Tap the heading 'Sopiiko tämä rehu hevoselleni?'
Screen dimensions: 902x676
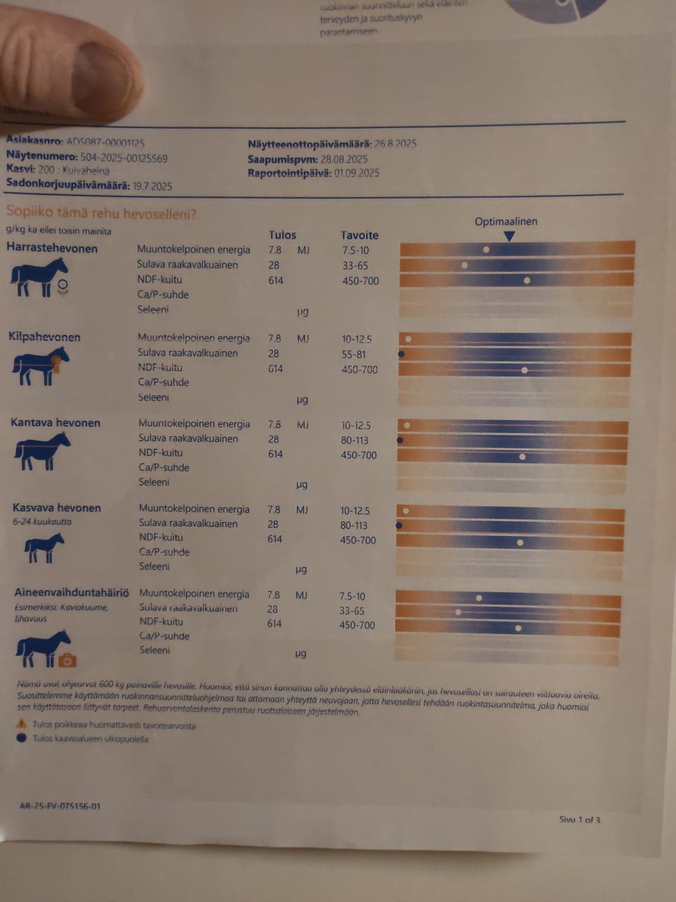coord(101,213)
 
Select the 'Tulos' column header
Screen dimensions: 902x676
coord(282,235)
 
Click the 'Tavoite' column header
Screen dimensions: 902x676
coord(359,235)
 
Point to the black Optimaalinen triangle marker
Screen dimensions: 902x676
coord(509,237)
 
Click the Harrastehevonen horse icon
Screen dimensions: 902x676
coord(39,277)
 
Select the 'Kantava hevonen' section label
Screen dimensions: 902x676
coord(56,423)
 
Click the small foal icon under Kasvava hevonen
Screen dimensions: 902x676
coord(44,548)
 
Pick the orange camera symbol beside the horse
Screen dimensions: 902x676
coord(68,660)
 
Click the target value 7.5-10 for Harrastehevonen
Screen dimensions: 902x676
coord(354,250)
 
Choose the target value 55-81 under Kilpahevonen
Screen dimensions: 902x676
coord(354,354)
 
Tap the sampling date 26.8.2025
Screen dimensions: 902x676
coord(395,144)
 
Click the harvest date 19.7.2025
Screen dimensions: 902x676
coord(152,186)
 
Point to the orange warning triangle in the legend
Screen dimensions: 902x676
coord(22,724)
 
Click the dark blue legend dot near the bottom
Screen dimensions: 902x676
coord(21,738)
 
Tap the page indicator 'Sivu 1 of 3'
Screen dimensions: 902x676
coord(580,820)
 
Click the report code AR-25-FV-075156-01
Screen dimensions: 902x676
coord(60,806)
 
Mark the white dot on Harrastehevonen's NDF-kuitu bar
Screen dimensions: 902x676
coord(527,280)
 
